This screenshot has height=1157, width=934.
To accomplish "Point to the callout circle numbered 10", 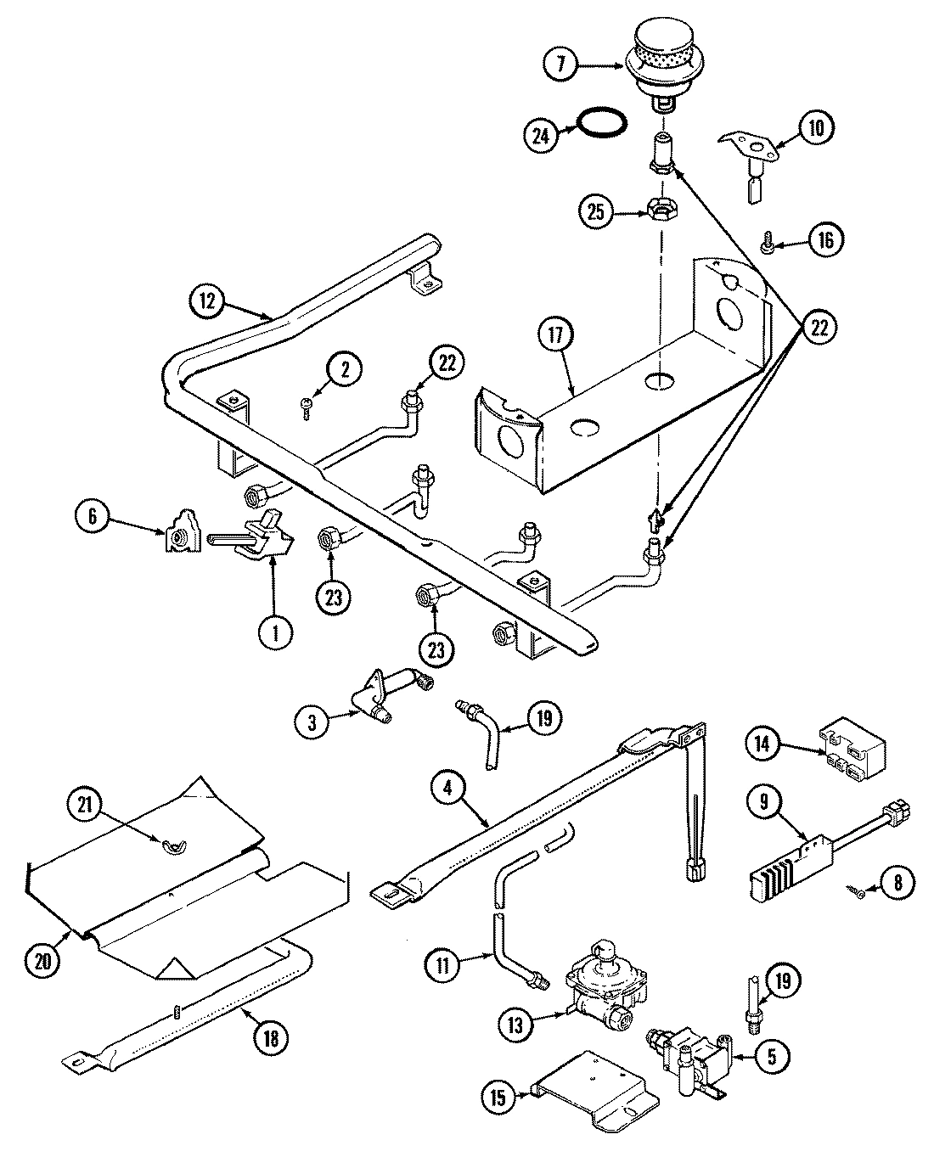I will click(815, 127).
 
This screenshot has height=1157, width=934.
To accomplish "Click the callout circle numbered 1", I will click(274, 632).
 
